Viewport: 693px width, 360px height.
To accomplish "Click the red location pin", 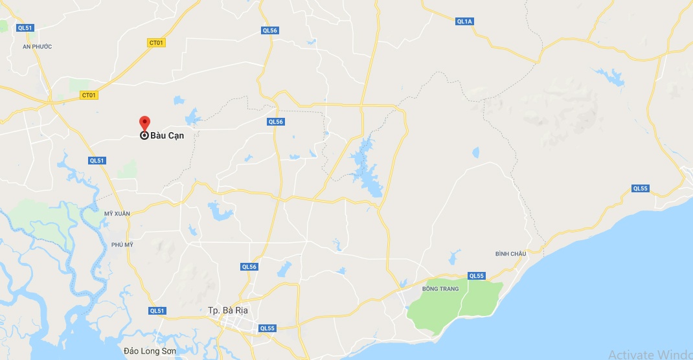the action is [x=145, y=122].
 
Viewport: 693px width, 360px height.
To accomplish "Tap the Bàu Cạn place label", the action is [x=167, y=136].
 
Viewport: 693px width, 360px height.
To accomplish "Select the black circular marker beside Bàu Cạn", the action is [x=145, y=135].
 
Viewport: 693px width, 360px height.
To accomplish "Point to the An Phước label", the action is [x=37, y=47].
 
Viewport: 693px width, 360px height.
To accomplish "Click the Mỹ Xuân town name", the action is [x=117, y=213].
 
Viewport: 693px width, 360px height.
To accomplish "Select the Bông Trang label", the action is [x=440, y=289].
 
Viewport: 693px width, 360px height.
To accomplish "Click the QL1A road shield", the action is [x=465, y=21].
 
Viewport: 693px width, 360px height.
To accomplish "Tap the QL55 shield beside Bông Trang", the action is [x=477, y=276].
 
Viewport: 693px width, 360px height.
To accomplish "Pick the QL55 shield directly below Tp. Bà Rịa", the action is [x=267, y=328].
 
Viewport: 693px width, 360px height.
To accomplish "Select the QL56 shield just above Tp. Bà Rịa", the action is [x=249, y=267].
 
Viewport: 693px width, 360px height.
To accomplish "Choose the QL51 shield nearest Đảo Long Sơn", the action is [x=157, y=311].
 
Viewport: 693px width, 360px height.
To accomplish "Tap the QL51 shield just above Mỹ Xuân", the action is [x=97, y=161].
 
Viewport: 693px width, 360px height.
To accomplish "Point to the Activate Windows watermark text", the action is [x=650, y=354].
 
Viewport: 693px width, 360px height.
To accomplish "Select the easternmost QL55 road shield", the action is [x=640, y=188].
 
